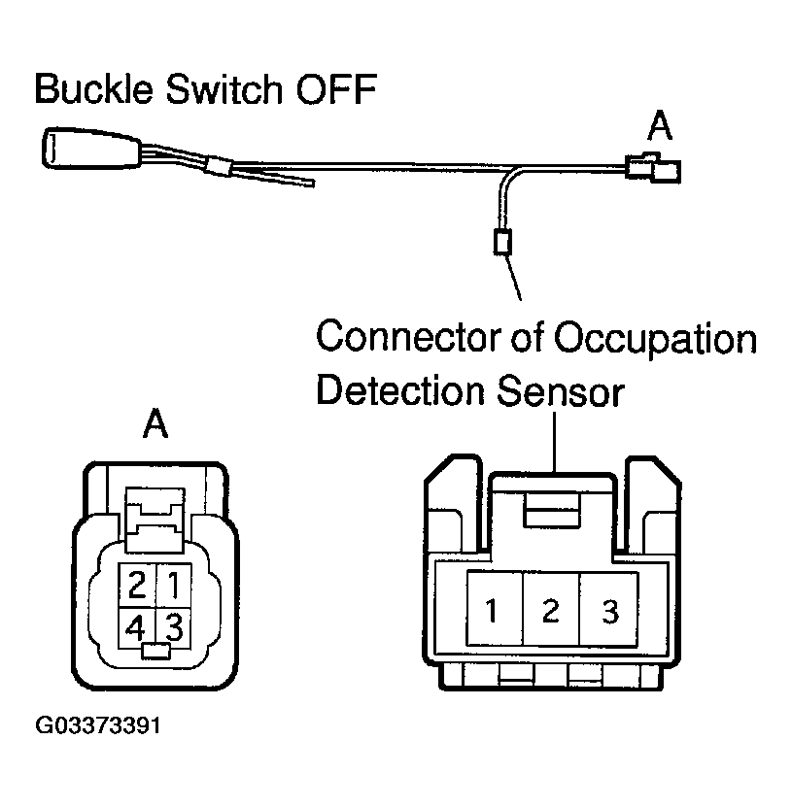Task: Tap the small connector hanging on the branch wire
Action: coord(502,241)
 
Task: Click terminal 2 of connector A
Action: coord(137,586)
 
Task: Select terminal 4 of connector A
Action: coord(137,622)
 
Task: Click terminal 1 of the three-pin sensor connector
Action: coord(494,611)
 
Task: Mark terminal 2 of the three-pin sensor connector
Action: coord(551,611)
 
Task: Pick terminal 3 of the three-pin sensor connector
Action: coord(609,611)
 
